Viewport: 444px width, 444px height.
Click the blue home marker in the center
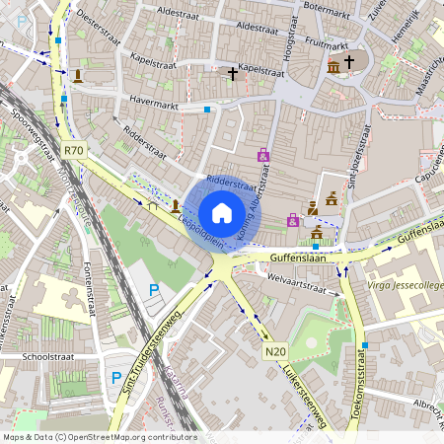[x=221, y=213]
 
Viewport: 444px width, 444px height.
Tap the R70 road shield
[x=73, y=150]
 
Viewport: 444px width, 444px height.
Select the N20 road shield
[x=274, y=351]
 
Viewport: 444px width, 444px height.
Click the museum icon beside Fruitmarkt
[x=333, y=66]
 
